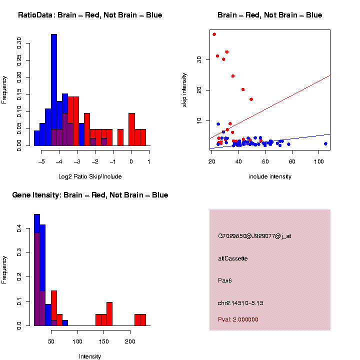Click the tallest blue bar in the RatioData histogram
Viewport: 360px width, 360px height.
(x=54, y=90)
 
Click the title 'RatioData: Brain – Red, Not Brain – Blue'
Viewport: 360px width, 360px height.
(x=90, y=15)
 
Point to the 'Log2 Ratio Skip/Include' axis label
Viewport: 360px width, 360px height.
(x=90, y=176)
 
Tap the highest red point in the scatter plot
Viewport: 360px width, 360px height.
(x=214, y=34)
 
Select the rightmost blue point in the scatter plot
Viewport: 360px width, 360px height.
(x=325, y=143)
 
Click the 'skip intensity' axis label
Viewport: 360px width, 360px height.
(x=184, y=90)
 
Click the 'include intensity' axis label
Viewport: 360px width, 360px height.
(x=270, y=176)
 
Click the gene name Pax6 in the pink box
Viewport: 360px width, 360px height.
(x=225, y=280)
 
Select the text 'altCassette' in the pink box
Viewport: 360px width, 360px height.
(x=233, y=258)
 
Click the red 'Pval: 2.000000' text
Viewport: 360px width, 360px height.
(x=238, y=319)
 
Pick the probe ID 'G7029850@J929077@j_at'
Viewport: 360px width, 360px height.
(x=254, y=236)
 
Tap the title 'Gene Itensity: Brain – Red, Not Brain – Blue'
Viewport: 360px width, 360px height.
(x=90, y=195)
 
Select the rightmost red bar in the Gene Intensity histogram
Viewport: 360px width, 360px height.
(x=142, y=320)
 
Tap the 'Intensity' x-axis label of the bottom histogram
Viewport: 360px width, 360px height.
(x=90, y=356)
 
